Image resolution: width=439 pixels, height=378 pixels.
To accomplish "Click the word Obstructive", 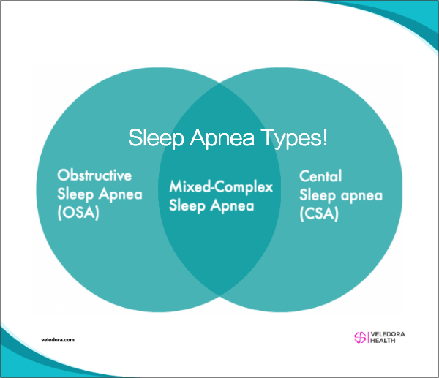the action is (94, 175).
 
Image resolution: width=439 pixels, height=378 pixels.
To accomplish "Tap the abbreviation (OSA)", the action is (78, 213).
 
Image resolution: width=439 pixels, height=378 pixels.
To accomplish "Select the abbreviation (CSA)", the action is (319, 214).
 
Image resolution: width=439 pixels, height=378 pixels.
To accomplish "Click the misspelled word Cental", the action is (320, 176).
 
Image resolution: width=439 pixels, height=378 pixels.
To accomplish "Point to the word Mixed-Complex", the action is (221, 186).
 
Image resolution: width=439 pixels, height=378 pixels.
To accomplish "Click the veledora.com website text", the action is (58, 340).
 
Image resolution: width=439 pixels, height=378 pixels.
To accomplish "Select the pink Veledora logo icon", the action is (360, 338).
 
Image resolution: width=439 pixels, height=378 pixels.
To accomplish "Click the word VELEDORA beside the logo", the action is (388, 334).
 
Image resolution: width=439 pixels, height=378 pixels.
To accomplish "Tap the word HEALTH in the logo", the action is (383, 341).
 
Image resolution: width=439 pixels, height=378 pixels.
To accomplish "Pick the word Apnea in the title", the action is (222, 137).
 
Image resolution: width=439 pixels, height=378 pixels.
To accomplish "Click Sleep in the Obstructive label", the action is (75, 194).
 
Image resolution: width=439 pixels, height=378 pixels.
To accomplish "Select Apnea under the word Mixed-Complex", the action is (233, 205).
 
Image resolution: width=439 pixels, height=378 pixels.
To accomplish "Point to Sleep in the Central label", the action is (318, 195).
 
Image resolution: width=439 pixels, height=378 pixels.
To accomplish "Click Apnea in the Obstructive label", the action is (121, 194).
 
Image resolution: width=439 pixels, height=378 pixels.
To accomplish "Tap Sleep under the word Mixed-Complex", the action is (187, 206).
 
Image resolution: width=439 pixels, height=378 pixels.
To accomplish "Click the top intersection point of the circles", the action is (219, 83).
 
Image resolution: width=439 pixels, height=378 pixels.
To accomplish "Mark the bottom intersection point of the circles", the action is (219, 295).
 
